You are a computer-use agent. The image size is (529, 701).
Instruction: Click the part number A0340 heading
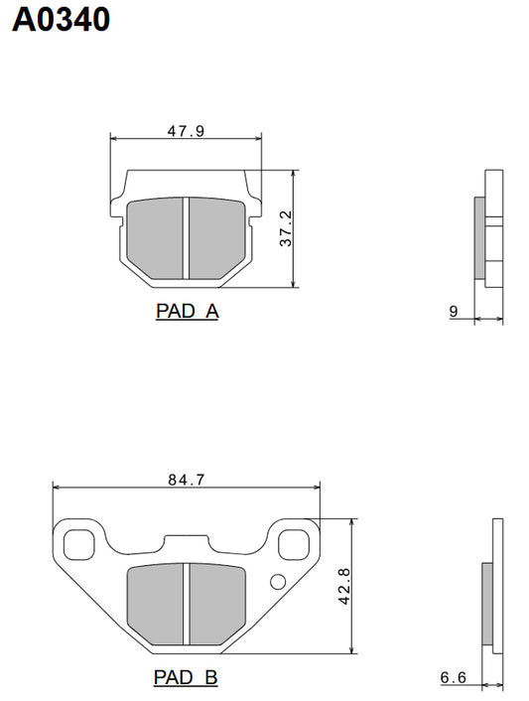(x=60, y=19)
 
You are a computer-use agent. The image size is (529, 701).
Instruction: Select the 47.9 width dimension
(x=186, y=130)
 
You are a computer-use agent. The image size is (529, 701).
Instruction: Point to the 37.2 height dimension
(x=286, y=228)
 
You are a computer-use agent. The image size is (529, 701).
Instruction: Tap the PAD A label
(x=187, y=311)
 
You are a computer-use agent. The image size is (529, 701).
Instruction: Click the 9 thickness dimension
(x=453, y=312)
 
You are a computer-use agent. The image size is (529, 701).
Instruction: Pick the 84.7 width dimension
(x=186, y=480)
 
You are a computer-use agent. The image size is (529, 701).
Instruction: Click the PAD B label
(x=186, y=678)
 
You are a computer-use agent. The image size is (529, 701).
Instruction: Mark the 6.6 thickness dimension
(x=454, y=679)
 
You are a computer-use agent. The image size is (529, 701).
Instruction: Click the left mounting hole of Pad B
(x=77, y=543)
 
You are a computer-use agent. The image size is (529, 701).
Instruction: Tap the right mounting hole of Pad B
(x=294, y=543)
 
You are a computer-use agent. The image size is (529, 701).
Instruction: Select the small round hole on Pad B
(x=277, y=581)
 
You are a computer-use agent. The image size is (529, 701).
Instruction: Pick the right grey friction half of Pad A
(x=215, y=236)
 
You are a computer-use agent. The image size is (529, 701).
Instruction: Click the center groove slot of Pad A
(x=186, y=238)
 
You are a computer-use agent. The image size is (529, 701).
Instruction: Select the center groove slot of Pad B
(x=186, y=604)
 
